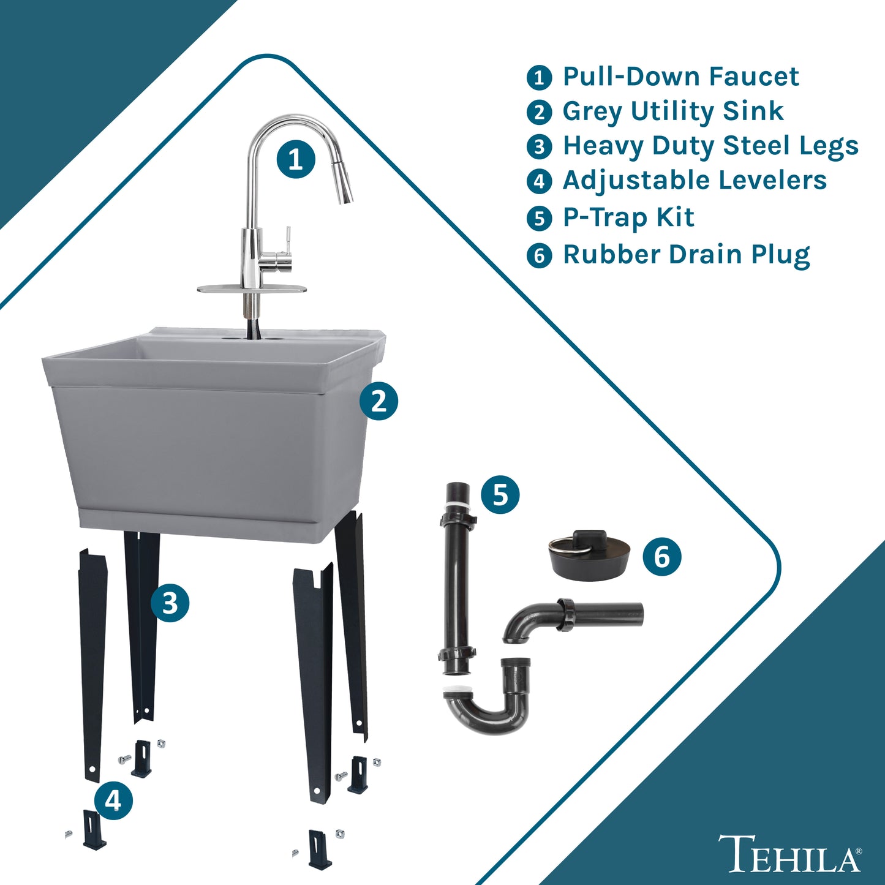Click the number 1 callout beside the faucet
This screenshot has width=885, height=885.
(x=296, y=159)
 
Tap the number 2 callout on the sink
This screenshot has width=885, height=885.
(x=378, y=401)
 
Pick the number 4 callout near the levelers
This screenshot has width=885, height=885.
(x=113, y=802)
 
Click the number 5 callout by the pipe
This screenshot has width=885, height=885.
(x=500, y=495)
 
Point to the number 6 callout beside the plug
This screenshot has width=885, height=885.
(x=662, y=557)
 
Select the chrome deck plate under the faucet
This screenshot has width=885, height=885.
(x=252, y=289)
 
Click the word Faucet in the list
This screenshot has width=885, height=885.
(x=753, y=76)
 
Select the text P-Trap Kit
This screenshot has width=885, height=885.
(x=628, y=217)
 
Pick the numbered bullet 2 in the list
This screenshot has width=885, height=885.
(x=539, y=112)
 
